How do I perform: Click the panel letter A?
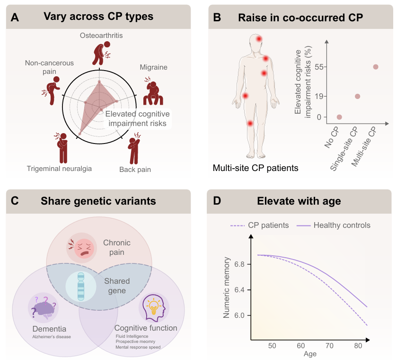tap(15, 18)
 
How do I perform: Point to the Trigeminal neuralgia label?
tap(59, 168)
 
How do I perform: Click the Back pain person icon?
tap(133, 148)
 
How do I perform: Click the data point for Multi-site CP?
tap(376, 67)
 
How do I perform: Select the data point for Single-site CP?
tap(357, 96)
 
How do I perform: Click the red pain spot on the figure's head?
tap(259, 39)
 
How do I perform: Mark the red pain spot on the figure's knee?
tap(250, 123)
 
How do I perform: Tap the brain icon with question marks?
tap(44, 308)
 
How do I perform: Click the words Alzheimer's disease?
tap(51, 336)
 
